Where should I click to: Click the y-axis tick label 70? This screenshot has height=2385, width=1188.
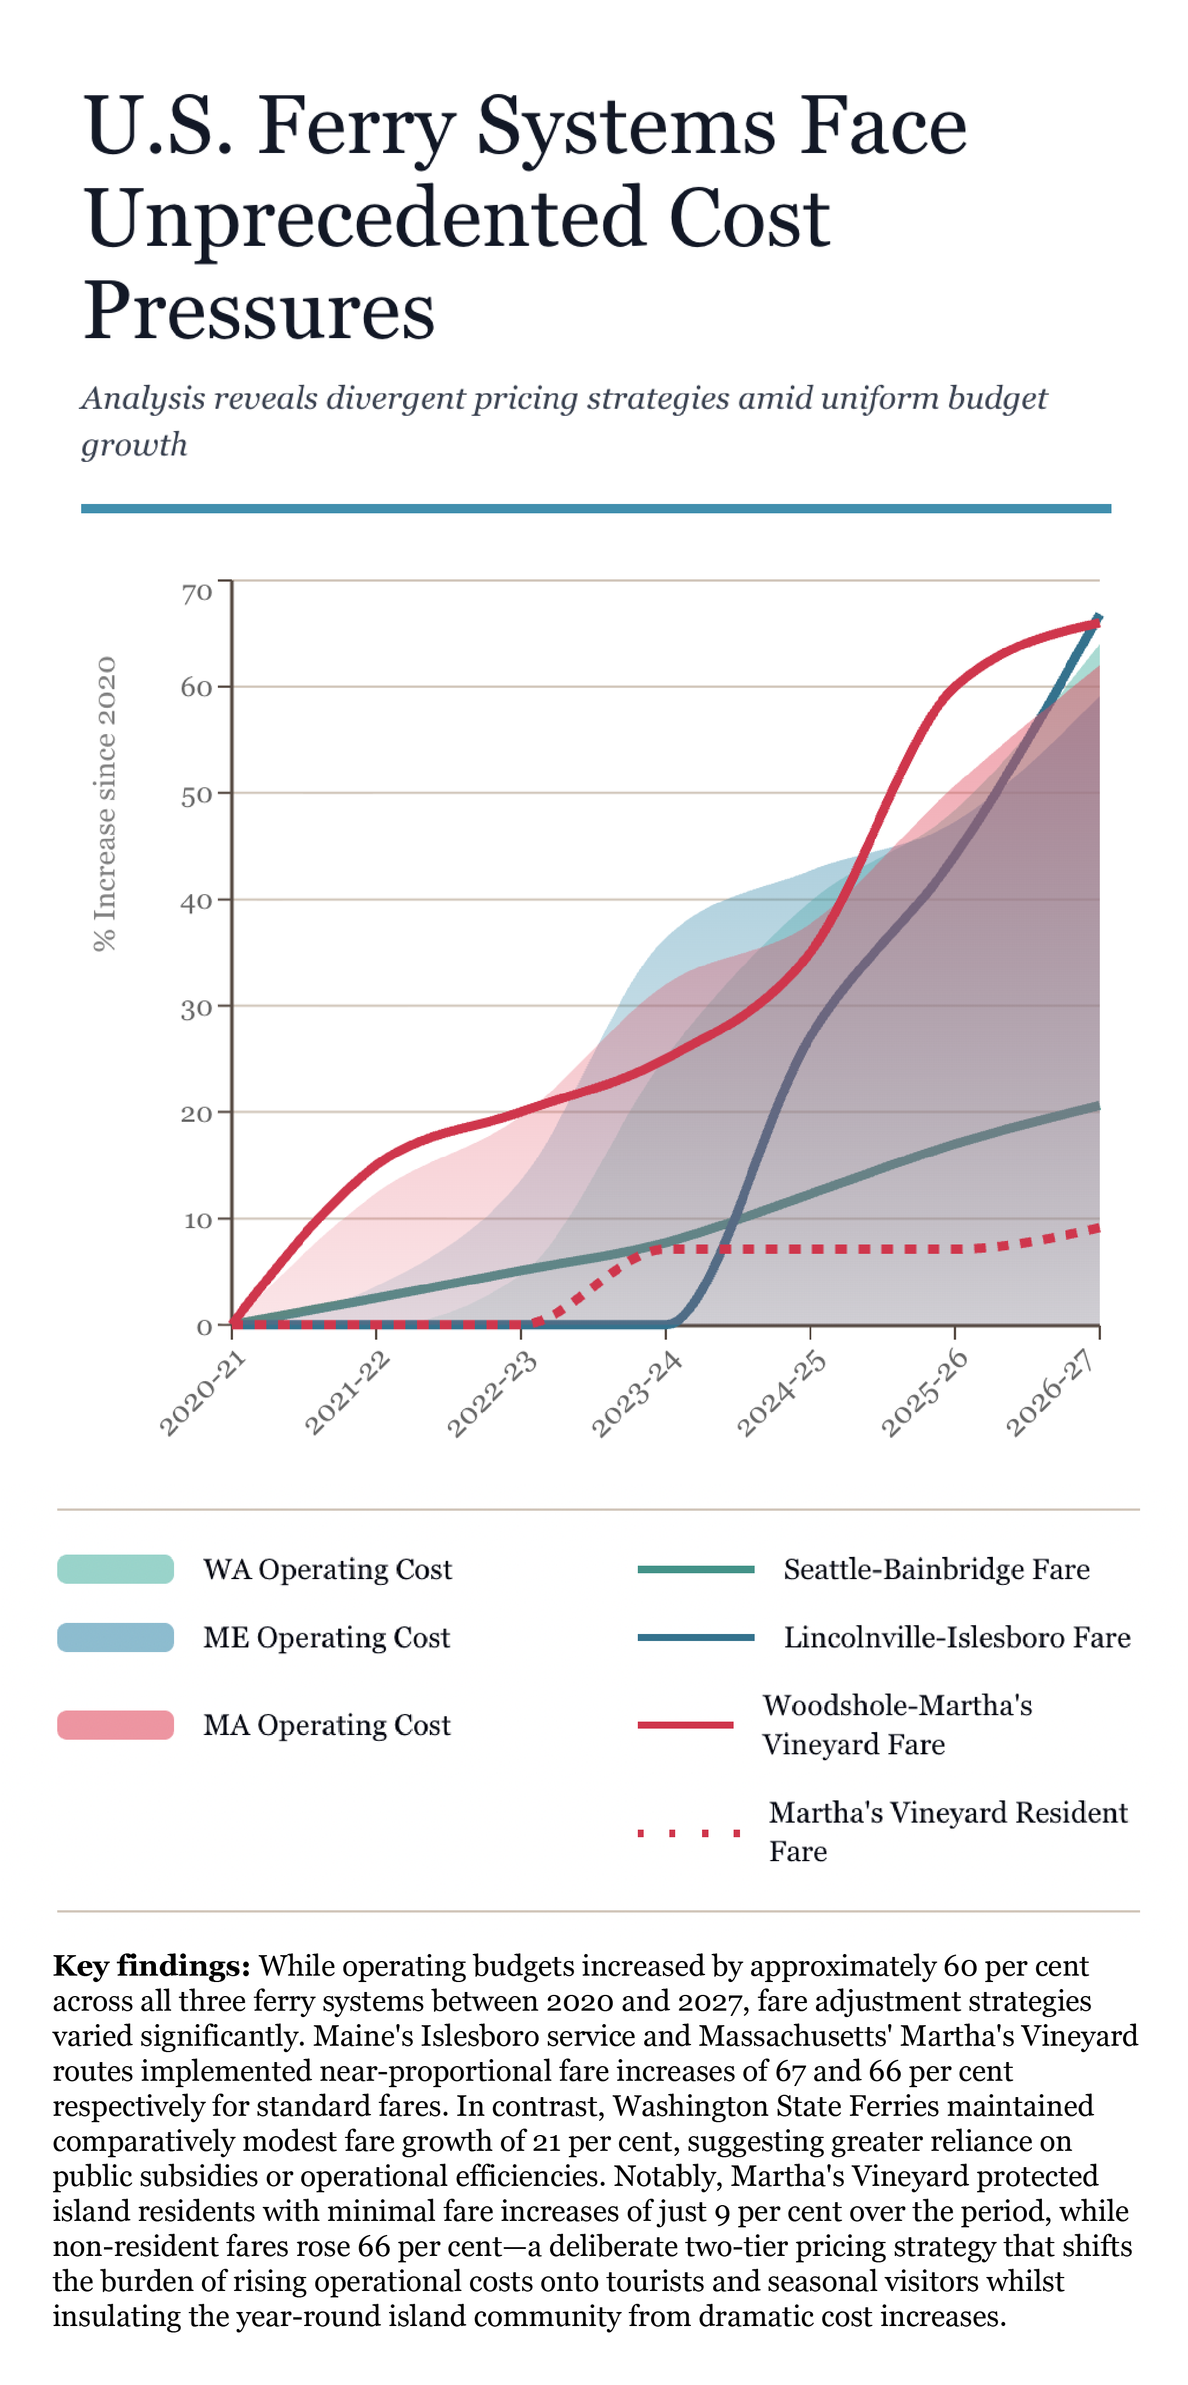click(x=196, y=593)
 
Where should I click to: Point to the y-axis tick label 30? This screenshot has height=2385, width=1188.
click(x=196, y=1009)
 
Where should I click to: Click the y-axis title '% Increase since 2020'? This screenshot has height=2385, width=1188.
click(x=106, y=804)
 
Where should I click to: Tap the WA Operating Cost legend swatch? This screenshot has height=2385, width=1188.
click(x=116, y=1569)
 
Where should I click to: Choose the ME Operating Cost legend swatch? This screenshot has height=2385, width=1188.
click(x=116, y=1637)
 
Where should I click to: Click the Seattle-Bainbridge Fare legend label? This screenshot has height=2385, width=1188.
click(x=936, y=1569)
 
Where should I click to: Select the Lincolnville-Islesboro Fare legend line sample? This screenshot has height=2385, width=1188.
click(x=696, y=1637)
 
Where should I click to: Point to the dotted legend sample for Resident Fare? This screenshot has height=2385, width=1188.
click(x=689, y=1833)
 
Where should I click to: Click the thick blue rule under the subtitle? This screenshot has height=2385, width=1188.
click(x=595, y=508)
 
